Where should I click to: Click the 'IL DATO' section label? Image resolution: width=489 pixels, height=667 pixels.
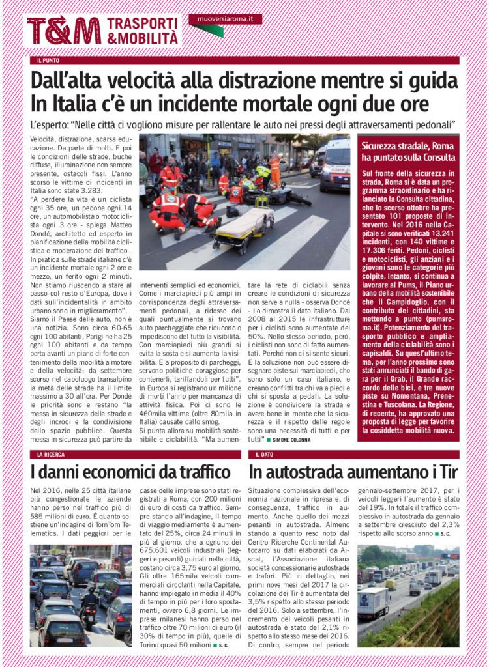pos(264,454)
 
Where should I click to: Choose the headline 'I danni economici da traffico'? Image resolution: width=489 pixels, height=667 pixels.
pos(130,472)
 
